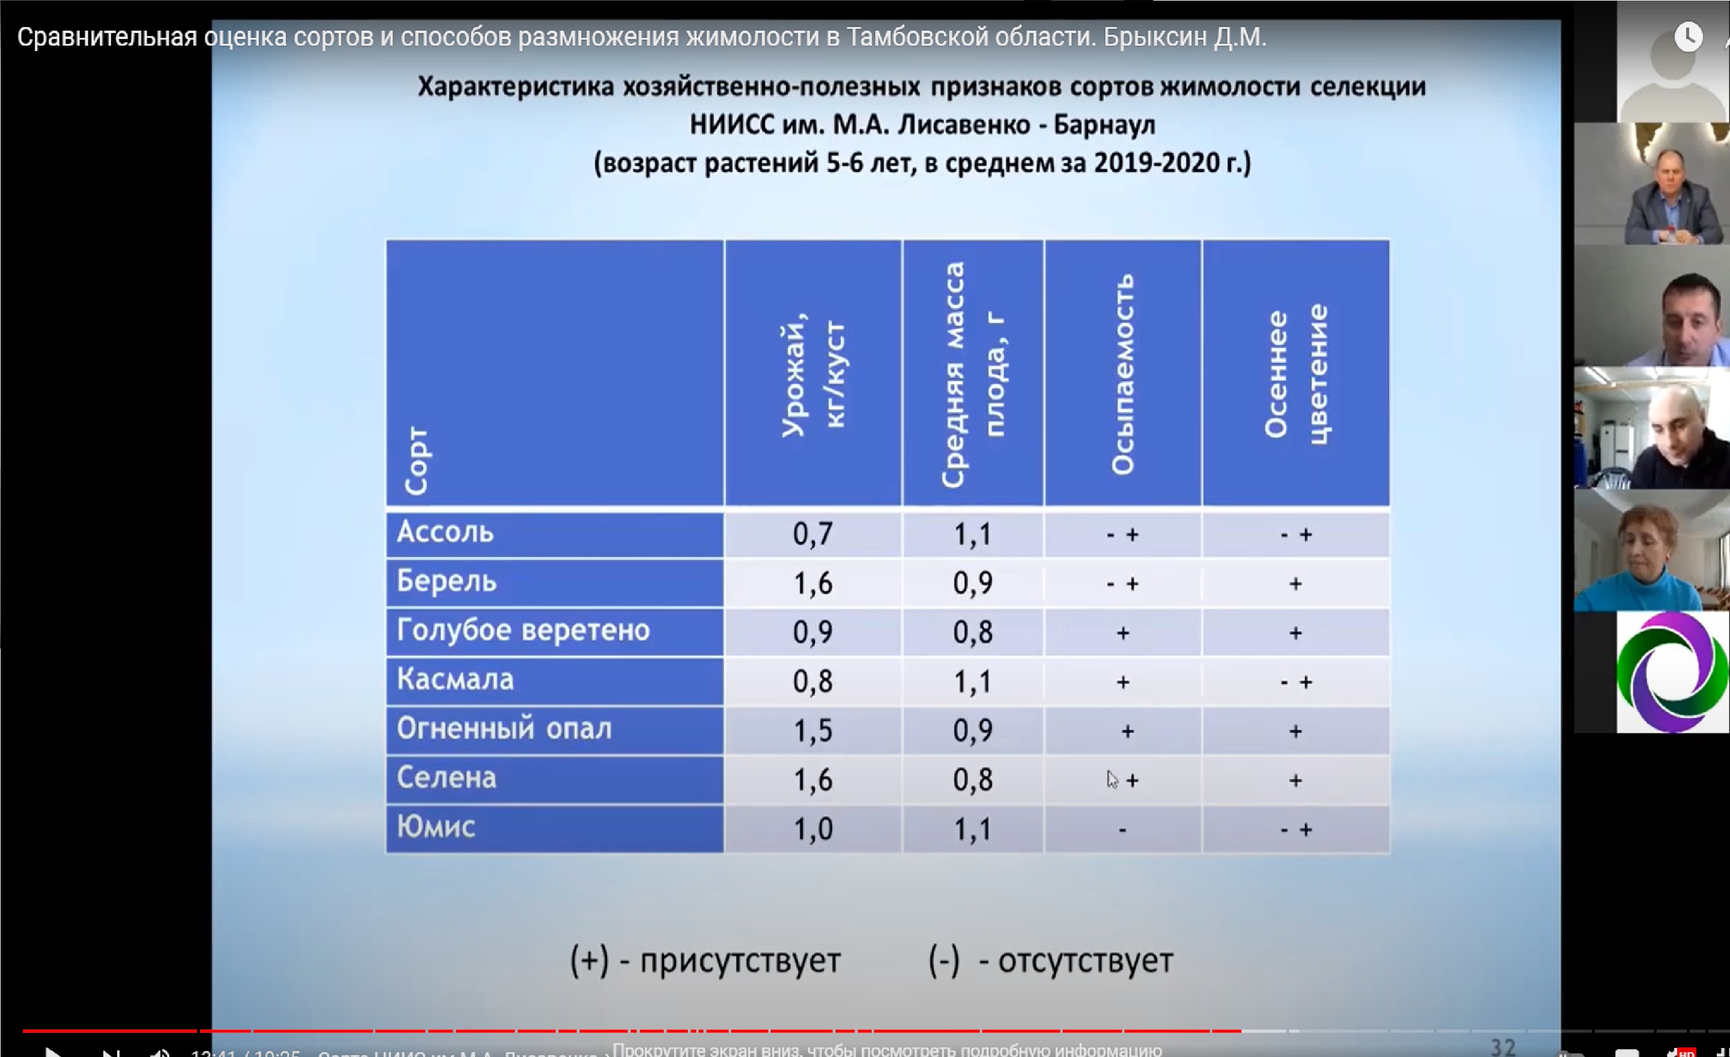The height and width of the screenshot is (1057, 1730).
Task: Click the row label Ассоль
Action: [x=445, y=533]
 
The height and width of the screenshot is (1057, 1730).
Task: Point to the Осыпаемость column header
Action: [x=1122, y=374]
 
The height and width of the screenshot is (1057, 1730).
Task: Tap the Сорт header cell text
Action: [x=416, y=461]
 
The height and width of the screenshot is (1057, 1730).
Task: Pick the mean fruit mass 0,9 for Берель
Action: [x=973, y=584]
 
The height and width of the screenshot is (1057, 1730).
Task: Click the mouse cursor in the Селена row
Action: [x=1111, y=780]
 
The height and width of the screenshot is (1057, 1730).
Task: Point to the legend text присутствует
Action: [x=740, y=961]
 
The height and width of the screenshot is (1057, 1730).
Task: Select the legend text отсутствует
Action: [x=1085, y=961]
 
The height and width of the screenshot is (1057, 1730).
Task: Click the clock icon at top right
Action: [x=1688, y=37]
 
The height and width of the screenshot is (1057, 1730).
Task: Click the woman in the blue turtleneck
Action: [x=1643, y=554]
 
